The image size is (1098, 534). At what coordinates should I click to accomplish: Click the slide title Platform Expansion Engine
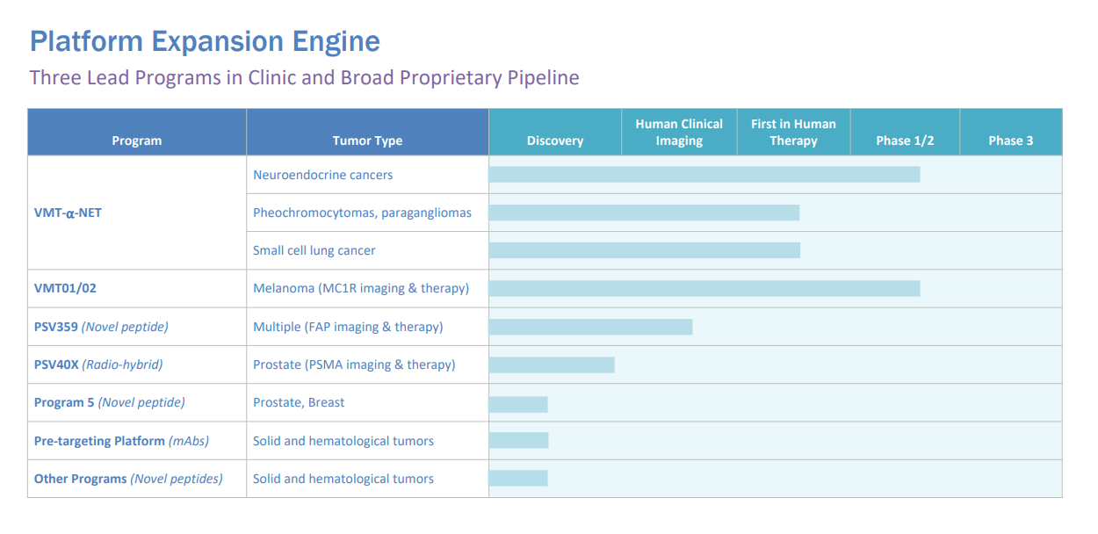click(x=205, y=41)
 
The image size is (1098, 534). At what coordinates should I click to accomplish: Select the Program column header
click(x=137, y=141)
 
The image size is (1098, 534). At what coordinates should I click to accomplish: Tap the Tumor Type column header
click(x=367, y=141)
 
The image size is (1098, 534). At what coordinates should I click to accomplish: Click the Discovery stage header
click(x=555, y=141)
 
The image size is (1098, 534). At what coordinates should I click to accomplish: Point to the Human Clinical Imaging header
click(x=679, y=132)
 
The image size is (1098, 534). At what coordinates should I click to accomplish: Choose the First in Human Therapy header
click(x=793, y=132)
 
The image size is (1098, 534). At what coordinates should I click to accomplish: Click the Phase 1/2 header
click(x=905, y=141)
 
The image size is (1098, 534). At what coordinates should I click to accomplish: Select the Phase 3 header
click(x=1010, y=141)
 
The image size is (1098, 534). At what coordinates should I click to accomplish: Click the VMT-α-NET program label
click(x=68, y=213)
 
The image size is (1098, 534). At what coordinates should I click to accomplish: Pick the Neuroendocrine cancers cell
click(x=322, y=175)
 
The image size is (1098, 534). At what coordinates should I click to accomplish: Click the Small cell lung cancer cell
click(x=314, y=250)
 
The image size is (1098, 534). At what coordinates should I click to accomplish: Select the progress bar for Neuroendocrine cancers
click(x=704, y=175)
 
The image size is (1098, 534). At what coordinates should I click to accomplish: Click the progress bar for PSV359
click(x=590, y=327)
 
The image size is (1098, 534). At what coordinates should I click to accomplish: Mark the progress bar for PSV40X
click(x=551, y=364)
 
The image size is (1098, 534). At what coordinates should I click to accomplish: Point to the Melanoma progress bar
click(x=704, y=288)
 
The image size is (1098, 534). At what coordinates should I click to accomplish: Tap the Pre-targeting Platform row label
click(x=121, y=441)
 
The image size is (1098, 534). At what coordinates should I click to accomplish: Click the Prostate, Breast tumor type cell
click(x=299, y=402)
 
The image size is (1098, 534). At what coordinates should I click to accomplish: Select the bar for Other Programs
click(x=518, y=479)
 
